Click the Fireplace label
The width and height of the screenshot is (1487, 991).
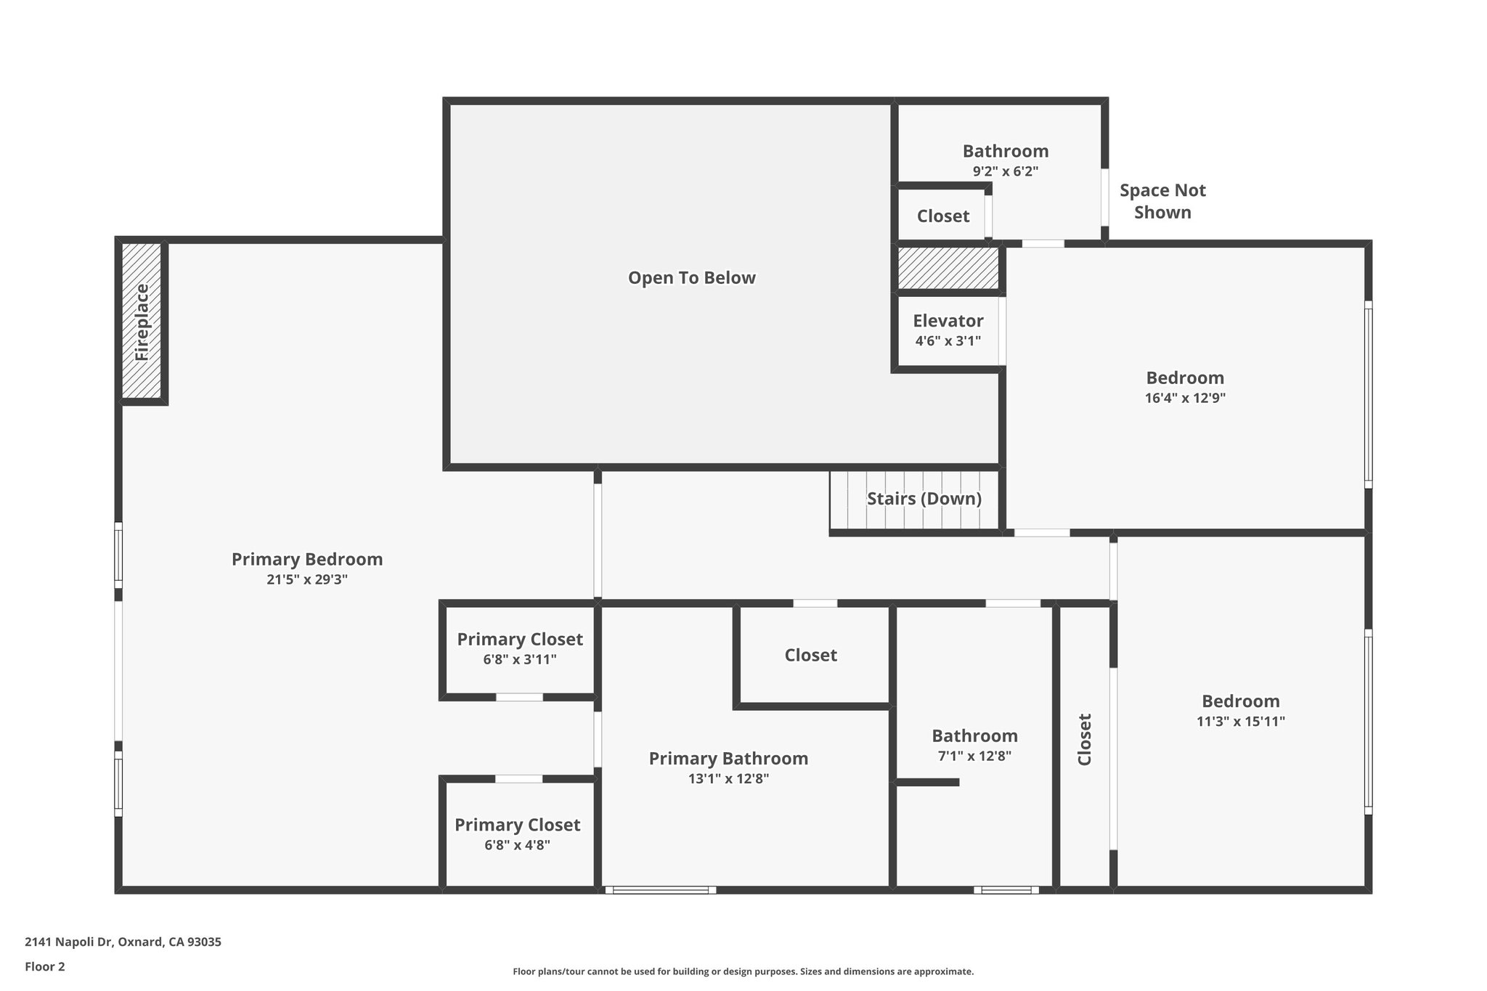click(x=142, y=322)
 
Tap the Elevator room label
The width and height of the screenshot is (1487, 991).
click(x=948, y=321)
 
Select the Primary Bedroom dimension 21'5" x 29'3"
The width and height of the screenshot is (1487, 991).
click(x=307, y=579)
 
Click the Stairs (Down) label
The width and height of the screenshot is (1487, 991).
click(x=924, y=499)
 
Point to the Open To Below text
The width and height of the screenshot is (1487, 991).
click(x=691, y=278)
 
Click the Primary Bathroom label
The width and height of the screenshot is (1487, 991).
click(x=728, y=759)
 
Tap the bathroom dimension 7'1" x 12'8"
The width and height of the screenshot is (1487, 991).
click(x=974, y=756)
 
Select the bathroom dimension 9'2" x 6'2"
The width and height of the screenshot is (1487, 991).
click(x=1005, y=171)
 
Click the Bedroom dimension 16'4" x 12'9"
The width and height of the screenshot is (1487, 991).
click(x=1185, y=398)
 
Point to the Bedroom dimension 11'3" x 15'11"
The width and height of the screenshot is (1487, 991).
click(x=1240, y=722)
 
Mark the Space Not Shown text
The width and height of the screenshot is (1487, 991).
click(x=1162, y=201)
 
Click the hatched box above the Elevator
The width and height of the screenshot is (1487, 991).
click(x=948, y=268)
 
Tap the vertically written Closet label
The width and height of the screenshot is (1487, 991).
click(x=1084, y=739)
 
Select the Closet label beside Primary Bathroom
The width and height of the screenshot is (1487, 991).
click(x=810, y=656)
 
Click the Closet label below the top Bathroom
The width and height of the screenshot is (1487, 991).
click(x=942, y=216)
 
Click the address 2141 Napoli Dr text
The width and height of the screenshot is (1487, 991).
click(x=123, y=942)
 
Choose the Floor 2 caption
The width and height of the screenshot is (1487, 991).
click(x=45, y=966)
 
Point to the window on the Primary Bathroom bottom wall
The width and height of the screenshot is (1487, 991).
click(x=660, y=890)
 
